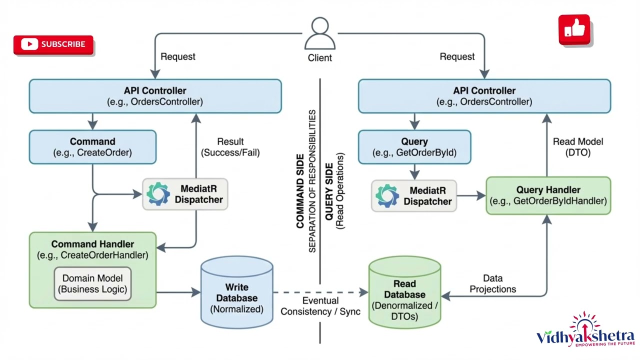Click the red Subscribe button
(53, 44)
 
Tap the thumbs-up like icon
(574, 30)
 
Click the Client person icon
(319, 34)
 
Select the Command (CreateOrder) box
(92, 147)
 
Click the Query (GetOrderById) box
(414, 147)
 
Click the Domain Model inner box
(92, 283)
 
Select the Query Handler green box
(548, 195)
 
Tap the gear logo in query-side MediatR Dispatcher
(387, 196)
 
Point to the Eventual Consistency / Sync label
(320, 306)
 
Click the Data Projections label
(492, 283)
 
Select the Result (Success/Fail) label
(230, 147)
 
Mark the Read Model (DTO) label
(577, 147)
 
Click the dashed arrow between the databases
(320, 292)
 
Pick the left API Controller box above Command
(155, 96)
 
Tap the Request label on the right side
(457, 57)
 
